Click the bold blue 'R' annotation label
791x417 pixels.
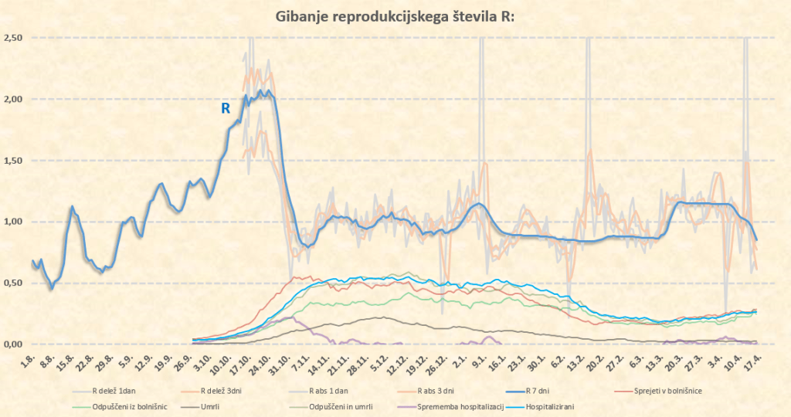(226, 109)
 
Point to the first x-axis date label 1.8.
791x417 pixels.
(29, 360)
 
